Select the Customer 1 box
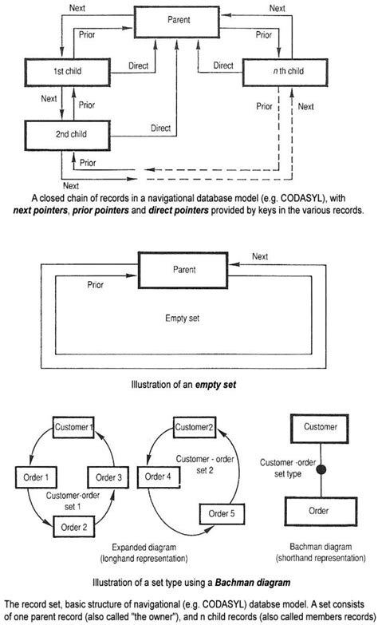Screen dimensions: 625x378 73,429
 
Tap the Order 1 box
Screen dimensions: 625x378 34,478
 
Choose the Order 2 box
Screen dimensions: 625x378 73,527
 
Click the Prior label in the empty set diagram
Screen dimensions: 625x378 96,284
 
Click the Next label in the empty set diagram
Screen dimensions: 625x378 260,257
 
